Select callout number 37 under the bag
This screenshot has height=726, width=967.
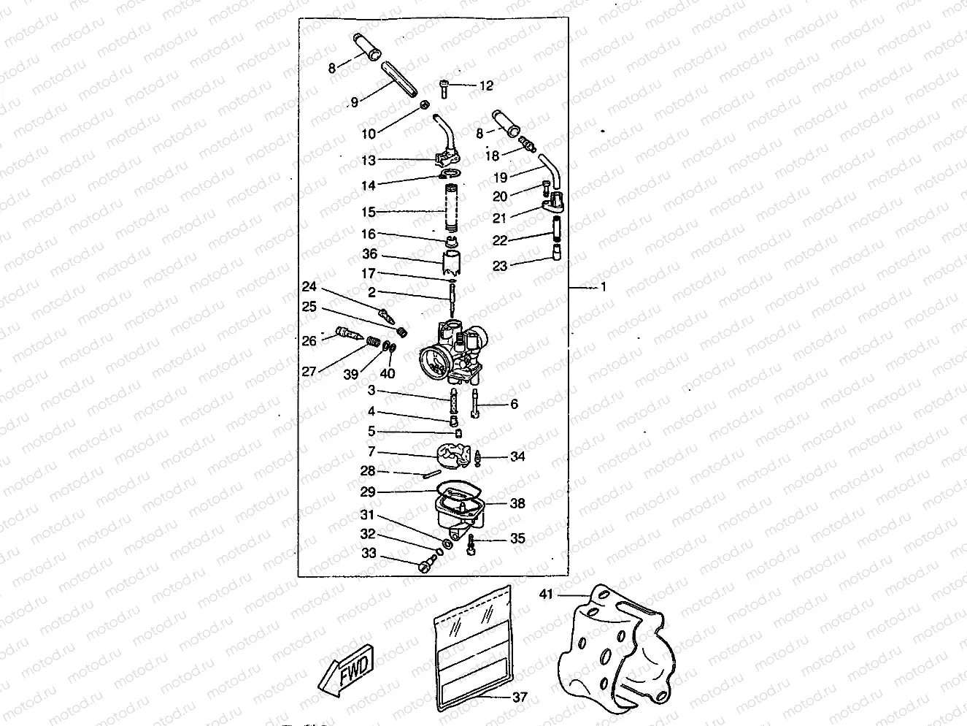(x=519, y=698)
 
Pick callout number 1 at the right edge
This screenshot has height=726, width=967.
(x=603, y=287)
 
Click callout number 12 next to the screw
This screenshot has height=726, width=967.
(x=486, y=85)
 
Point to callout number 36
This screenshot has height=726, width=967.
(x=370, y=254)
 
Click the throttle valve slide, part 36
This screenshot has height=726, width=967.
(x=454, y=263)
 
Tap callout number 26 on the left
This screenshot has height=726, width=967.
(x=309, y=340)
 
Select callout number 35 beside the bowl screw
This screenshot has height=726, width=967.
(x=517, y=539)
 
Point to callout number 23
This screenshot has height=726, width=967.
(x=499, y=267)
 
